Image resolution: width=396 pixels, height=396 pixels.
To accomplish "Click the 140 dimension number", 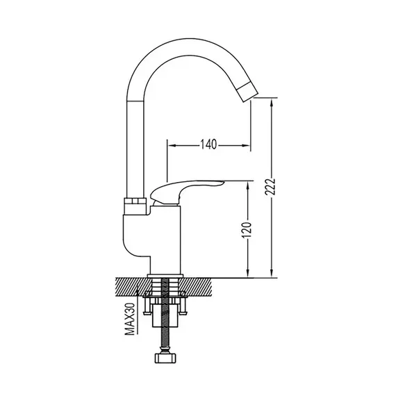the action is tap(208, 145).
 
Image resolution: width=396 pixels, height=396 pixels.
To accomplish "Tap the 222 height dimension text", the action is tap(270, 187).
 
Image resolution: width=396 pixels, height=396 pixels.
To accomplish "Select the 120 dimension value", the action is tap(247, 231).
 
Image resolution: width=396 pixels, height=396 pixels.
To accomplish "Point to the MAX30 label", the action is tap(130, 319).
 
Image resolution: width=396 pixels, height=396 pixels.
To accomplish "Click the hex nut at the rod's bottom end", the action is tap(165, 358).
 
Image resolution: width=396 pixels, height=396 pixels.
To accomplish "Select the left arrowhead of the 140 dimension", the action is tap(172, 145).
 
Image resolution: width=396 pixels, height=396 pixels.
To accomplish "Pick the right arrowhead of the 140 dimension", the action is tap(246, 145).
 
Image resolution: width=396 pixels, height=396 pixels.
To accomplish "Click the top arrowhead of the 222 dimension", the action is tap(272, 104).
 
